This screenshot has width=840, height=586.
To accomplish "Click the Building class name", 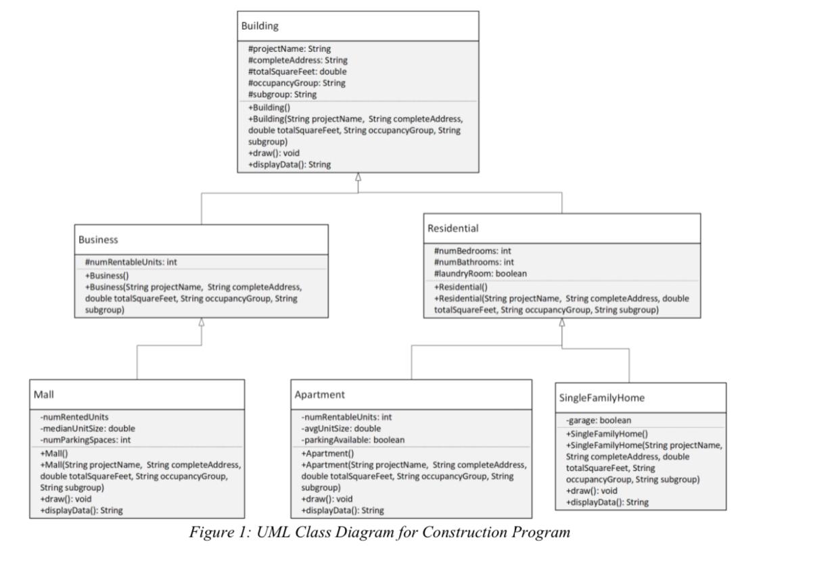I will click(x=260, y=26).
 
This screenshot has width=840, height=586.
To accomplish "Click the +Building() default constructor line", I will click(x=269, y=107).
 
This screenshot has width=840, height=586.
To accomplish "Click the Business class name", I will click(x=98, y=239).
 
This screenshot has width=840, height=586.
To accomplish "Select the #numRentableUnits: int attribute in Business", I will click(x=131, y=262).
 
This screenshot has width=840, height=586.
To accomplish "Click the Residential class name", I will click(x=453, y=228).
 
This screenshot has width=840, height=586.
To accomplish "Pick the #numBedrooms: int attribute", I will click(x=472, y=251).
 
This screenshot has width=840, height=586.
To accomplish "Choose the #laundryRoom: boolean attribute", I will click(x=480, y=273).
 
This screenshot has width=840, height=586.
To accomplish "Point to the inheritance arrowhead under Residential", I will click(x=561, y=323).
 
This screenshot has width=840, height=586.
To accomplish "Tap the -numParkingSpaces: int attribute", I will click(x=85, y=439).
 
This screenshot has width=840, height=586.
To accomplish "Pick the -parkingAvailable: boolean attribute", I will click(x=353, y=439).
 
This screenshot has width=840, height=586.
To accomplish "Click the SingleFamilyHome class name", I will click(x=597, y=397).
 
